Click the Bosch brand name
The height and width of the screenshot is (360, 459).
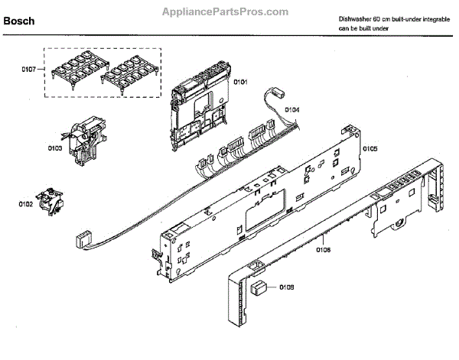point(19,21)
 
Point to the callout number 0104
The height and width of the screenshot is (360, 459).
point(292,110)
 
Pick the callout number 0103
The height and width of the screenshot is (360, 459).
point(54,148)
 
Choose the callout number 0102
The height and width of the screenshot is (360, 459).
point(27,204)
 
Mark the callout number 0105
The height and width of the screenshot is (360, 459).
point(370,148)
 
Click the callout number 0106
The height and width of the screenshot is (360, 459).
point(323,248)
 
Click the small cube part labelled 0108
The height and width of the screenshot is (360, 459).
point(260,289)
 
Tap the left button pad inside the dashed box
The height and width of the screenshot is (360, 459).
point(76,70)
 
